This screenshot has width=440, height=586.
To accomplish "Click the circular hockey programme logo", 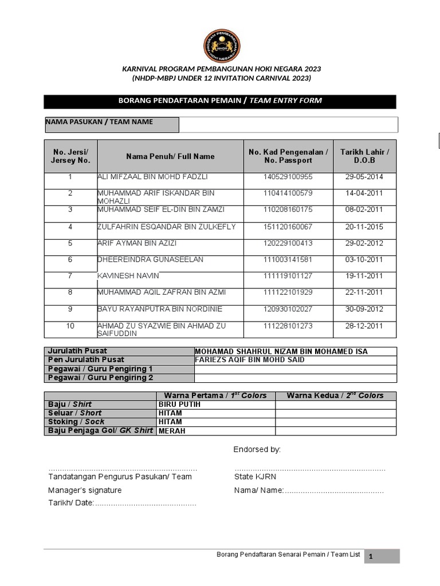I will [x=222, y=46].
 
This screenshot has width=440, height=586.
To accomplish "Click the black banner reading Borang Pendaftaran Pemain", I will [x=220, y=101].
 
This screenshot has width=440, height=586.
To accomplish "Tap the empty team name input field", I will [x=288, y=124].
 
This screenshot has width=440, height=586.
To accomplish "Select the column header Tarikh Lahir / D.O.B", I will [x=364, y=156].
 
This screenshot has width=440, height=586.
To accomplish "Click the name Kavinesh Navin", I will [x=128, y=276].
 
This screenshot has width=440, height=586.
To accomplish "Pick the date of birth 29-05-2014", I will [x=364, y=177].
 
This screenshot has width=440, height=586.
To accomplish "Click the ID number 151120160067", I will [x=288, y=227].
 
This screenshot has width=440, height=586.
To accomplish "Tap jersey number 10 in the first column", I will [x=70, y=326].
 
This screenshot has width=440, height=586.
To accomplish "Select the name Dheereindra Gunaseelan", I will [x=150, y=259].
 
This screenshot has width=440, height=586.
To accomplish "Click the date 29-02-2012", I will [x=364, y=243].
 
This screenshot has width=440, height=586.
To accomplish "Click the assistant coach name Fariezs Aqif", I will [x=249, y=360].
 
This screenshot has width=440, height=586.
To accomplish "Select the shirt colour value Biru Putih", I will [x=179, y=404].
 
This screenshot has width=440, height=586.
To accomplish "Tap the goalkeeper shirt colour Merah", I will [x=172, y=431].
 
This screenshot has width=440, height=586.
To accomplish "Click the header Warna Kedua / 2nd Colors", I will [x=335, y=395].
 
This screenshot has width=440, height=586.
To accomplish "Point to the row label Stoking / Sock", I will [x=76, y=422].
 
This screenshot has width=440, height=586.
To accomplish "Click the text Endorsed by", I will [x=257, y=450].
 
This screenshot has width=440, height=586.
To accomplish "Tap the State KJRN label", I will [x=255, y=477].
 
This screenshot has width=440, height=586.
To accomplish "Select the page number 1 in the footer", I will [x=371, y=556].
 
